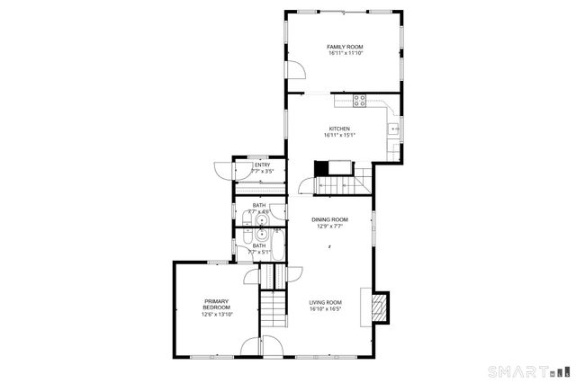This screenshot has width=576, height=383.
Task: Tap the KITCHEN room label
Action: tap(339, 129)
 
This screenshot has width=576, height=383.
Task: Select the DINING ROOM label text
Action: tap(329, 219)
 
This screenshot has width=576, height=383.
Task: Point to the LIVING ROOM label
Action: tap(326, 302)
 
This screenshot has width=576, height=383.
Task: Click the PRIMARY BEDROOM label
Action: tap(217, 304)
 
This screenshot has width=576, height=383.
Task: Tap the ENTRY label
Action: tap(262, 165)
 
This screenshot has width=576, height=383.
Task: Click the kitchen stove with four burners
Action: tap(361, 101)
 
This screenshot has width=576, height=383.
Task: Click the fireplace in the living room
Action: tap(380, 306)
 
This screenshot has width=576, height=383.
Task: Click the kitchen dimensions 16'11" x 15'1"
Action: tap(339, 136)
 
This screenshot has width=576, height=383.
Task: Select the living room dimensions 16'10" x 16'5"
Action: tap(326, 309)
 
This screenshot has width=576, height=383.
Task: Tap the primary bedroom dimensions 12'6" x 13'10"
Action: tap(217, 314)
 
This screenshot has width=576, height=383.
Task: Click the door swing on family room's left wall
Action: tap(295, 69)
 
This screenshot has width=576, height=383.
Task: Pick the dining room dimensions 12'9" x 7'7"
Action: tap(329, 227)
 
